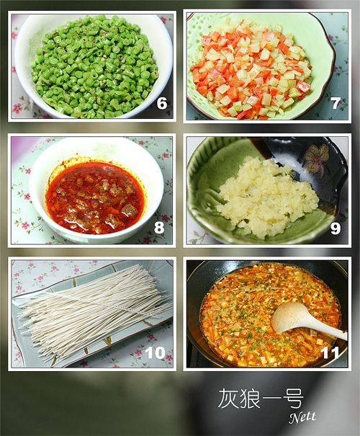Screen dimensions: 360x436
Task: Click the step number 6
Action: (162, 103)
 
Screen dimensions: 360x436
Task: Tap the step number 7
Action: (336, 104)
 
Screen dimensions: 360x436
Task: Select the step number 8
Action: (159, 227)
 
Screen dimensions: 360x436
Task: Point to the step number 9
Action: (336, 228)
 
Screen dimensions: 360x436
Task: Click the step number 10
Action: (155, 352)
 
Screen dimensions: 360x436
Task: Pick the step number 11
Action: (330, 353)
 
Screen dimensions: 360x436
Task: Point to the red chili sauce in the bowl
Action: (95, 198)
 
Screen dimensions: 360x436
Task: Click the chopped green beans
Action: (94, 67)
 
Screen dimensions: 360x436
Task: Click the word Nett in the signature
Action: (302, 417)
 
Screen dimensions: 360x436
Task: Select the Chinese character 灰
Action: (228, 399)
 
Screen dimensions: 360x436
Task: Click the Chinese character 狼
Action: (250, 399)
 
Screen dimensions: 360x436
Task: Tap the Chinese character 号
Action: (293, 399)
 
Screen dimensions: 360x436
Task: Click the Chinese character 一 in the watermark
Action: (271, 399)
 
